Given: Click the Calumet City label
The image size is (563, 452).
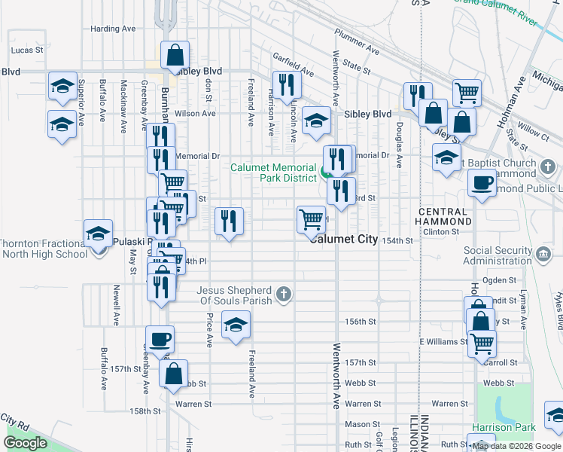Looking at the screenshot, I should [x=345, y=239].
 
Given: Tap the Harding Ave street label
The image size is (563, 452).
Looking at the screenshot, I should [x=113, y=29].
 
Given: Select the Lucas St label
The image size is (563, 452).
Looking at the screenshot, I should [x=24, y=50].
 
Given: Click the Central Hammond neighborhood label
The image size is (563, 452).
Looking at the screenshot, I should [x=444, y=216].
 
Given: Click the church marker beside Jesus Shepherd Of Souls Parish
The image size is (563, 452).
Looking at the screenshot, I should [x=283, y=294].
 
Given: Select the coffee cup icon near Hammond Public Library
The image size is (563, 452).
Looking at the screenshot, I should [x=482, y=182].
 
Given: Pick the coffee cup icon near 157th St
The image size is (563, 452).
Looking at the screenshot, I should [x=159, y=339].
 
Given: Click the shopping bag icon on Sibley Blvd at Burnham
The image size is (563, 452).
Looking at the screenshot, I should [x=175, y=54].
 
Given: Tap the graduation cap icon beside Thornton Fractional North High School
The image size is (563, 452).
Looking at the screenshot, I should [x=98, y=233].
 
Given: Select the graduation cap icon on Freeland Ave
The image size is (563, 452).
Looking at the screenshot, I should [x=236, y=324].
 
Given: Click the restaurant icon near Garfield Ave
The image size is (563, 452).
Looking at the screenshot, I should [x=287, y=84].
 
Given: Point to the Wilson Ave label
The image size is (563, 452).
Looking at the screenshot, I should [x=195, y=114].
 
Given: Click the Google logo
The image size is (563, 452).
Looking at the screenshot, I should [x=26, y=443].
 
